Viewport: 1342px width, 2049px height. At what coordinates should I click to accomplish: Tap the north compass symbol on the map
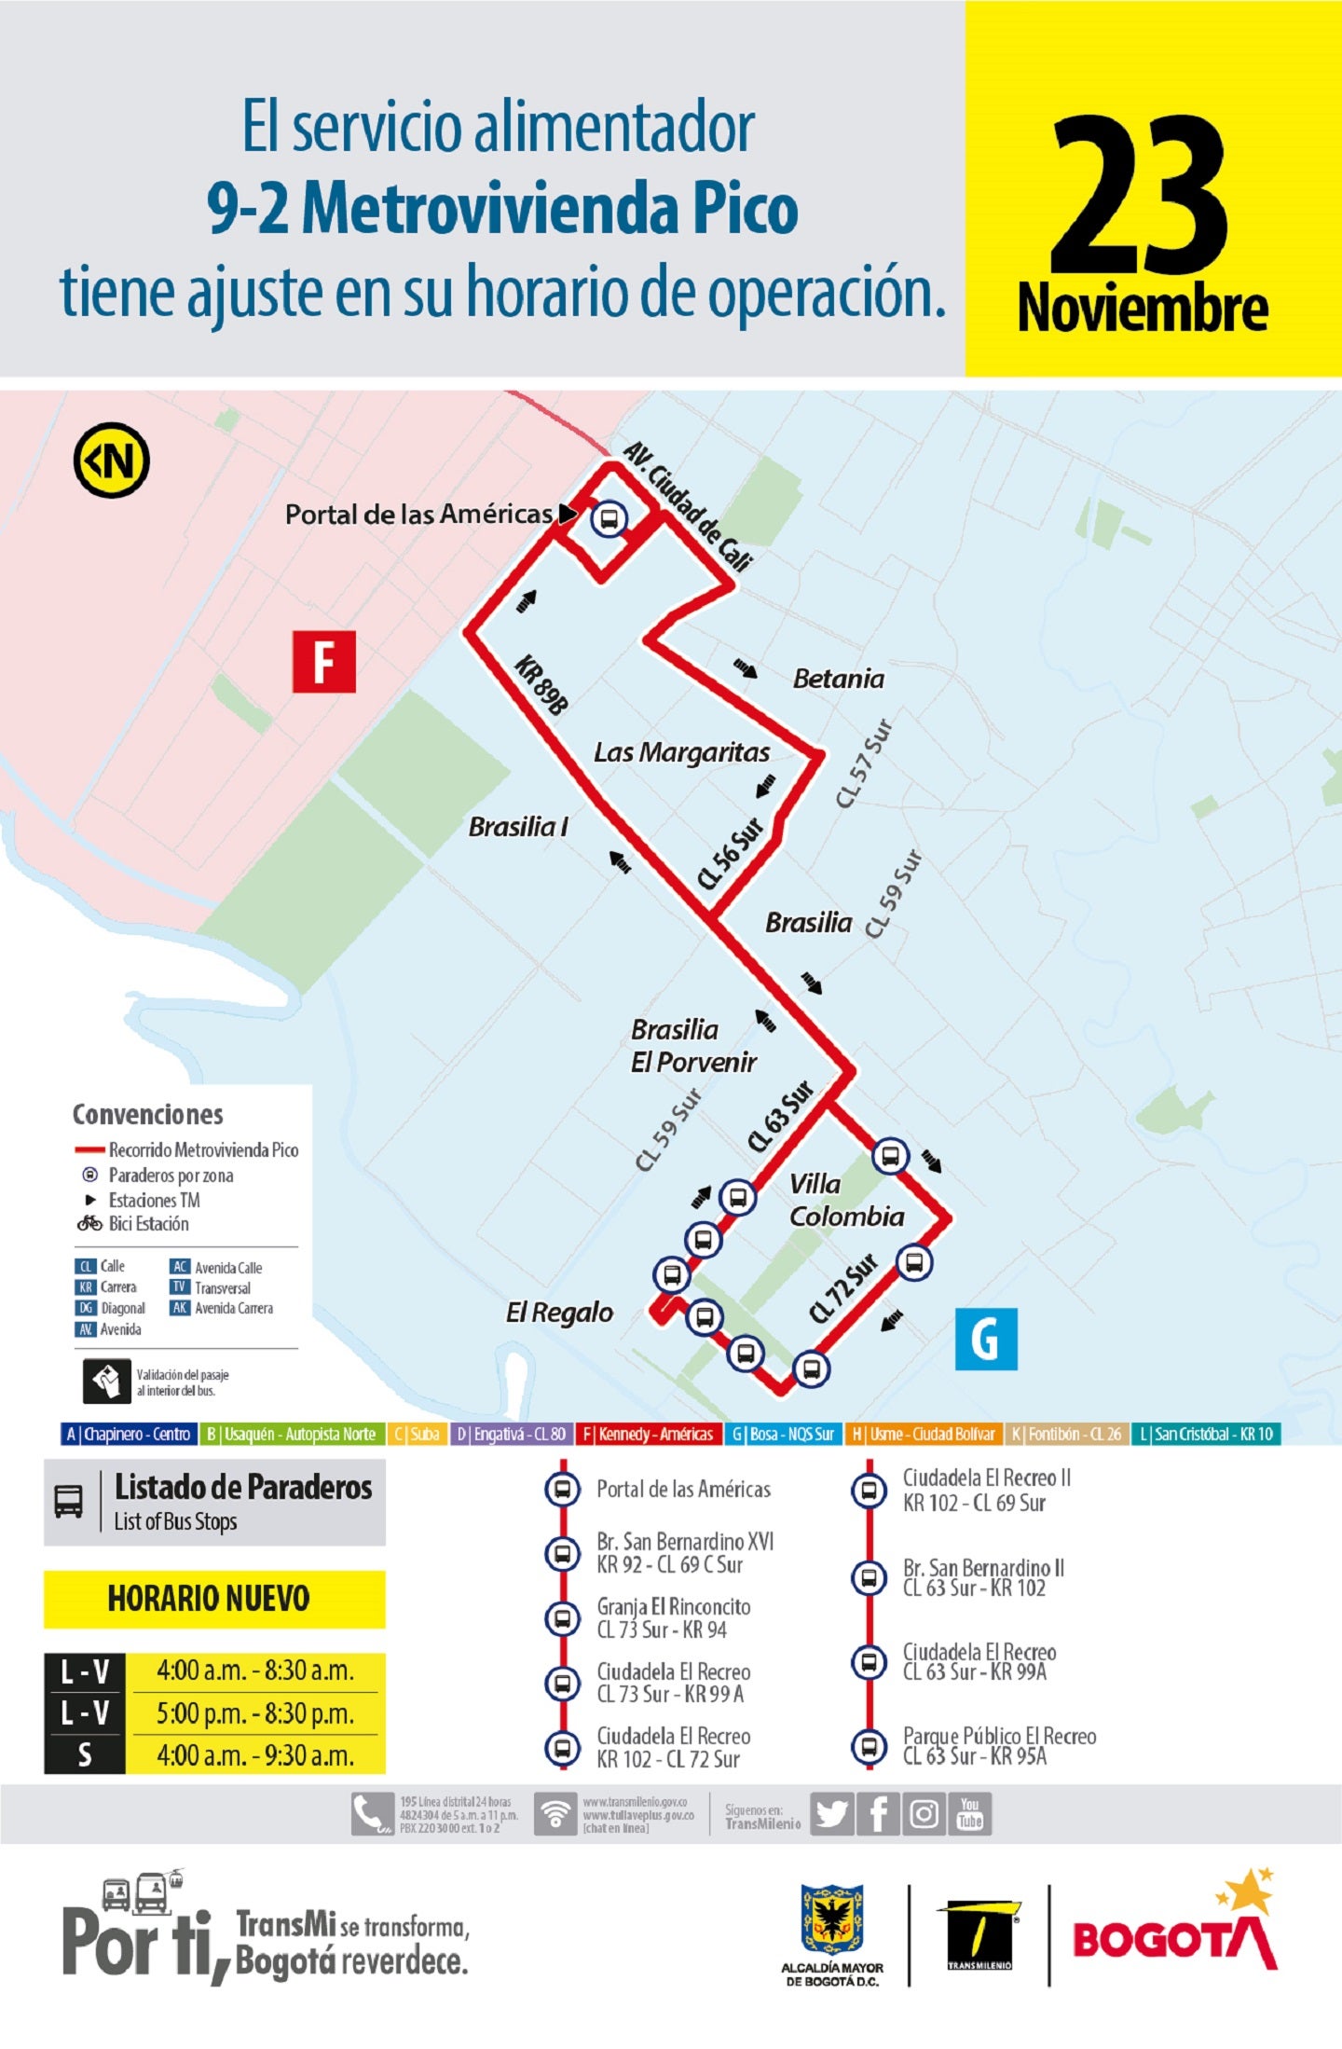(112, 460)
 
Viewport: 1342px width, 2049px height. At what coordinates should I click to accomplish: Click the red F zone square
(323, 661)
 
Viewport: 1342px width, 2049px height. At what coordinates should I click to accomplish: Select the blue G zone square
(986, 1339)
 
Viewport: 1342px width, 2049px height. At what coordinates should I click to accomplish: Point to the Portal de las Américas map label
(418, 515)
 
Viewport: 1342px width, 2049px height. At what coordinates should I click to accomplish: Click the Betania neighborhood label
(838, 679)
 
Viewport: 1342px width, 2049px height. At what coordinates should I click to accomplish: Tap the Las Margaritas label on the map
(681, 752)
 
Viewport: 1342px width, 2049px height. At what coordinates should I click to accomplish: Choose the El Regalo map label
(559, 1313)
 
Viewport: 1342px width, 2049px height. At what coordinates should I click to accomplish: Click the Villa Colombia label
(845, 1200)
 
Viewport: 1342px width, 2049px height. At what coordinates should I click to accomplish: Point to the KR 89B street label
(541, 685)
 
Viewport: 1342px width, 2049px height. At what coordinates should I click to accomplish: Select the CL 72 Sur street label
(843, 1288)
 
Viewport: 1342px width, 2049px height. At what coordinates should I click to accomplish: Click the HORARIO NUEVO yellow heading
(209, 1599)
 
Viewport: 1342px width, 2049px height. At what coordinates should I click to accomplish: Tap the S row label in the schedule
(85, 1755)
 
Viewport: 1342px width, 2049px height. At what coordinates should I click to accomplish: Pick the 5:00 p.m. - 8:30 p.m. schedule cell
(255, 1713)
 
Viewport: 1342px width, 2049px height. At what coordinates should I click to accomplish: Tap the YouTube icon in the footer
(970, 1813)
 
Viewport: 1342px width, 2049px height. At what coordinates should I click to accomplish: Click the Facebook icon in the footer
(878, 1813)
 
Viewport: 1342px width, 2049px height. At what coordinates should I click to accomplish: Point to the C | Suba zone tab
(416, 1434)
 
